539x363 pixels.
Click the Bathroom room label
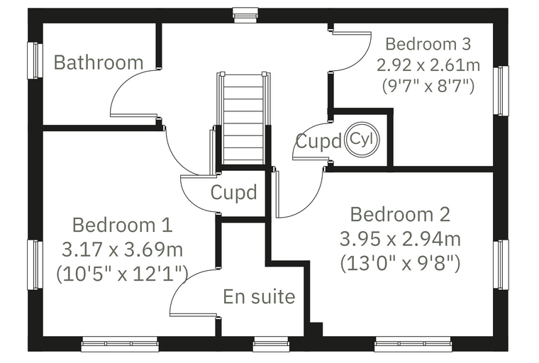tap(99, 62)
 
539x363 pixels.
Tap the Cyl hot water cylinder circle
tap(362, 140)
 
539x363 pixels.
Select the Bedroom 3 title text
tap(428, 44)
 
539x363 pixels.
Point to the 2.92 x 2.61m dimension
tap(428, 65)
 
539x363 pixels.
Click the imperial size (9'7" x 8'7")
tap(428, 86)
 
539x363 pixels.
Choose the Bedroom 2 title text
tap(400, 214)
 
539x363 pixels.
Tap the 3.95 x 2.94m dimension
tap(400, 239)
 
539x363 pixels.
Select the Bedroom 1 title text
tap(123, 225)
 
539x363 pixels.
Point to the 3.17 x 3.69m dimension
tap(123, 250)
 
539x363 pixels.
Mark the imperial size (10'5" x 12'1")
tap(123, 274)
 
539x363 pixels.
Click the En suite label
tap(259, 296)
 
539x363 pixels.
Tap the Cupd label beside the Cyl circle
tap(318, 141)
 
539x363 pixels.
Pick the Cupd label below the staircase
tap(234, 192)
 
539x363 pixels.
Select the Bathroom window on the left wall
tap(35, 60)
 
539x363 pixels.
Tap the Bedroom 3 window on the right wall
tap(501, 91)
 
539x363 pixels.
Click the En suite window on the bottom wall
tap(270, 344)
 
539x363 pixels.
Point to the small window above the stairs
tap(245, 16)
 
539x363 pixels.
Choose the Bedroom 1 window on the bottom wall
tap(120, 344)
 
